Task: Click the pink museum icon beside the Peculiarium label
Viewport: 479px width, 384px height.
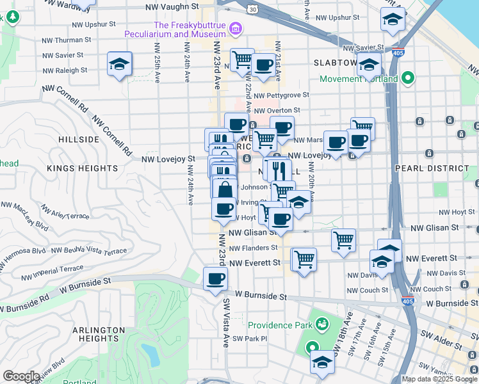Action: [236, 28]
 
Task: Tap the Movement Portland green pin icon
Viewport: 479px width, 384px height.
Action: [407, 79]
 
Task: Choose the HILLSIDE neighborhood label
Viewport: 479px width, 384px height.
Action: [79, 139]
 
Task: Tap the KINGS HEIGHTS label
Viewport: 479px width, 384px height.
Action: [76, 168]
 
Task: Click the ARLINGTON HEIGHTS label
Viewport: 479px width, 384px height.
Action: [98, 335]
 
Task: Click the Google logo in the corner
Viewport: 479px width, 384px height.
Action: [20, 376]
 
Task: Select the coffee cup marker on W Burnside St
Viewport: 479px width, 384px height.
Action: [215, 278]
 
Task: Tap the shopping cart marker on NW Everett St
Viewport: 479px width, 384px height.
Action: [304, 259]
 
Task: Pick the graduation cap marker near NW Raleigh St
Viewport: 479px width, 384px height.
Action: [120, 64]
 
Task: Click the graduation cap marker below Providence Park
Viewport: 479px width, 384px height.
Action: [322, 362]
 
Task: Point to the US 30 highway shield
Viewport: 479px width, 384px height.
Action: [253, 9]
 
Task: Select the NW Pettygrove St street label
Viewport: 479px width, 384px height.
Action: [281, 95]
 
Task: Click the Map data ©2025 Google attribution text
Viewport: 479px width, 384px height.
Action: [439, 379]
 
